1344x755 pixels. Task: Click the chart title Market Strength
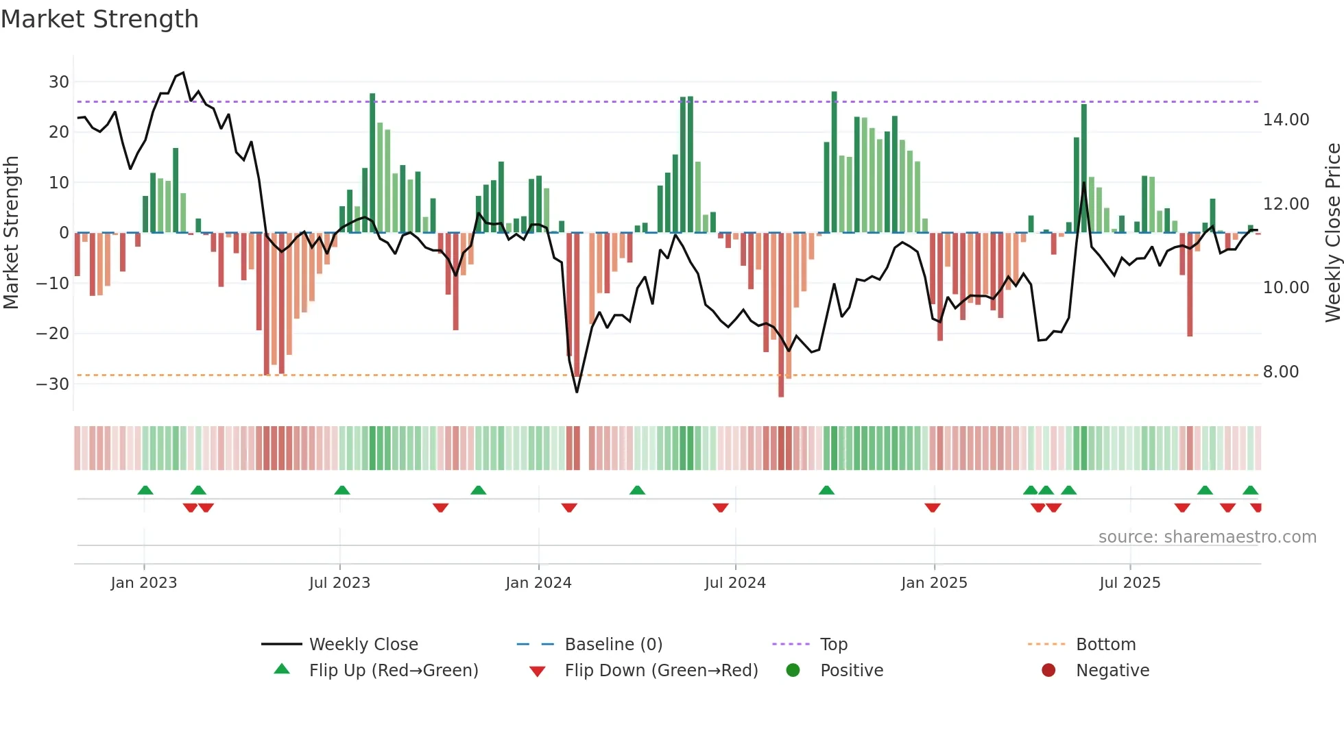pyautogui.click(x=99, y=19)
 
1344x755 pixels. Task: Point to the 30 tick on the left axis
pyautogui.click(x=59, y=82)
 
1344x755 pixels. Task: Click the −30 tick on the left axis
pyautogui.click(x=53, y=384)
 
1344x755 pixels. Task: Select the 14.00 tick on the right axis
pyautogui.click(x=1286, y=120)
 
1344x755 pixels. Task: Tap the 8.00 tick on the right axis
pyautogui.click(x=1280, y=372)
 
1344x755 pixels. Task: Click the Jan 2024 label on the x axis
pyautogui.click(x=538, y=583)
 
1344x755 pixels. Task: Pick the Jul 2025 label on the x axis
pyautogui.click(x=1129, y=583)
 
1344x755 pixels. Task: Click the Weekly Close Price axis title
pyautogui.click(x=1332, y=232)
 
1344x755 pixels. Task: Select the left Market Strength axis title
pyautogui.click(x=11, y=232)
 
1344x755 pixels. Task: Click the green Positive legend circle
pyautogui.click(x=793, y=671)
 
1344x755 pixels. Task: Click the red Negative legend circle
pyautogui.click(x=1048, y=671)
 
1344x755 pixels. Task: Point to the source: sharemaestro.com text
pyautogui.click(x=1207, y=537)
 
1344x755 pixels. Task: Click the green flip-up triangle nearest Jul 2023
pyautogui.click(x=342, y=491)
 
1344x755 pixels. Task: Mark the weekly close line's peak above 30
pyautogui.click(x=183, y=73)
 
